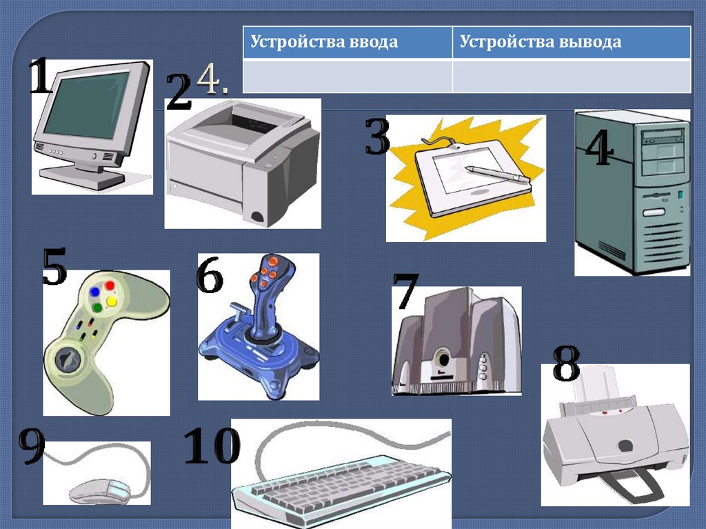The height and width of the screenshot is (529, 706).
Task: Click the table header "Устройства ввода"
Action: [x=324, y=42]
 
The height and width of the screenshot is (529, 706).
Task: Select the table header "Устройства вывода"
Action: [x=541, y=42]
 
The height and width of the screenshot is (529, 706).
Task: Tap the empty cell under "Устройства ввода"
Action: [x=347, y=75]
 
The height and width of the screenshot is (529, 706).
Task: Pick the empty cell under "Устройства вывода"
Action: [x=572, y=75]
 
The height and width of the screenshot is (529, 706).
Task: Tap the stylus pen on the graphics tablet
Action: [x=496, y=173]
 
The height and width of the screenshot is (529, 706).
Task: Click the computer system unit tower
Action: [x=632, y=193]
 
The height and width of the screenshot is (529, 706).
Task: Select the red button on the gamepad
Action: [x=110, y=286]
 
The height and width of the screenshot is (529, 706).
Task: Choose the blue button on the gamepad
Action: [x=94, y=292]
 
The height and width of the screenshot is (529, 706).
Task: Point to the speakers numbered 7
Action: [x=456, y=341]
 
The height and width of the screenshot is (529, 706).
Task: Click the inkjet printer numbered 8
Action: [x=614, y=435]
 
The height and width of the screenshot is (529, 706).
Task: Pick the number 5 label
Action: [x=54, y=268]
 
